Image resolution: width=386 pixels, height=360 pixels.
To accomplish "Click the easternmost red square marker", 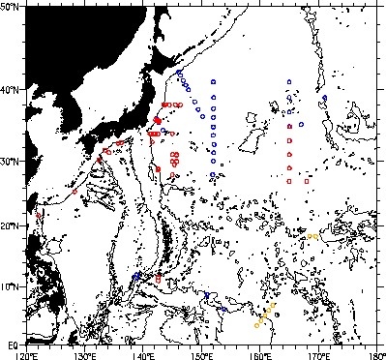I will tap(307, 181).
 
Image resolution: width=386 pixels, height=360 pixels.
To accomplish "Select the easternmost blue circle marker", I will tap(325, 98).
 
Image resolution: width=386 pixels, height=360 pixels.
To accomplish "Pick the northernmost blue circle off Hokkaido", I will tap(179, 72).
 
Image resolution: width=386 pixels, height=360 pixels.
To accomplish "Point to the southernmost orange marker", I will tap(256, 326).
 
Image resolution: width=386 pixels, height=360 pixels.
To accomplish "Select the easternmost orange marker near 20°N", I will tap(316, 235).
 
